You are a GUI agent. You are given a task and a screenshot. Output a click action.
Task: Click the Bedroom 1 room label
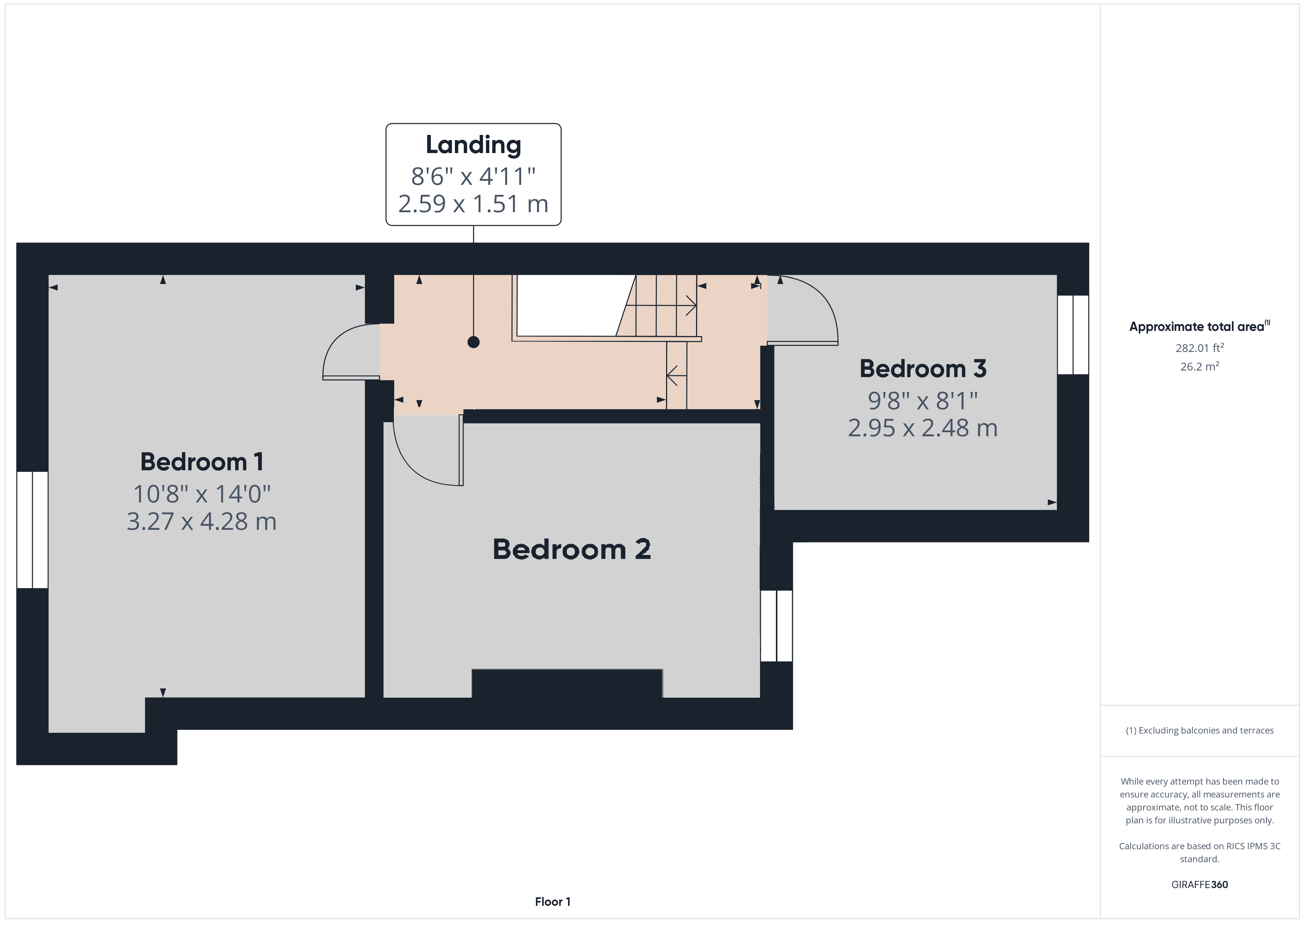202,462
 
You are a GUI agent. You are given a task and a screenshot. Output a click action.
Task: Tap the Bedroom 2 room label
571,550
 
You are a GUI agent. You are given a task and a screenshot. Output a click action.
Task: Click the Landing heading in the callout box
473,146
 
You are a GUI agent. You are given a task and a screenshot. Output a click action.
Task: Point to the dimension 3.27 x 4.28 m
202,522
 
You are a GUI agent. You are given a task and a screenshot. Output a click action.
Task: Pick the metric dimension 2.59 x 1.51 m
473,204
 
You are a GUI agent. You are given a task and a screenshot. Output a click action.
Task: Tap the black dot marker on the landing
473,342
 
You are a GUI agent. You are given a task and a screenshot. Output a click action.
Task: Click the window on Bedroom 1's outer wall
32,530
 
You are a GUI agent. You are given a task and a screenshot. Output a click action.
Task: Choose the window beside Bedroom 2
776,626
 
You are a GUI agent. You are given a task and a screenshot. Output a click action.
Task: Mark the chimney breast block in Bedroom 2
567,683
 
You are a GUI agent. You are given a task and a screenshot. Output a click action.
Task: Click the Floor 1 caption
553,902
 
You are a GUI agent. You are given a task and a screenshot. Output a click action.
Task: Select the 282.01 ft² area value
1199,348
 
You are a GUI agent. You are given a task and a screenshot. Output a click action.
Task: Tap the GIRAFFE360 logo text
1199,885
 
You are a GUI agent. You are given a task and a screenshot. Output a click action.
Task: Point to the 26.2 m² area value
1199,366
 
